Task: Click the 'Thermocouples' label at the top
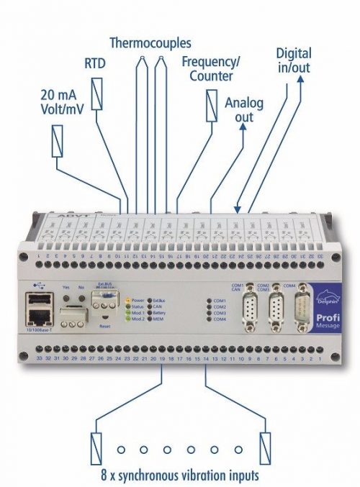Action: (150, 42)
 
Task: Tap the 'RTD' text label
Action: (95, 65)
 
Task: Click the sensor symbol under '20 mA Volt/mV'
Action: (57, 141)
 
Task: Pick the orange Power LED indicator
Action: (127, 300)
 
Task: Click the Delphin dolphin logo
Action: (323, 296)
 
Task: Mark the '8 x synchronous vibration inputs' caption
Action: (179, 474)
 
